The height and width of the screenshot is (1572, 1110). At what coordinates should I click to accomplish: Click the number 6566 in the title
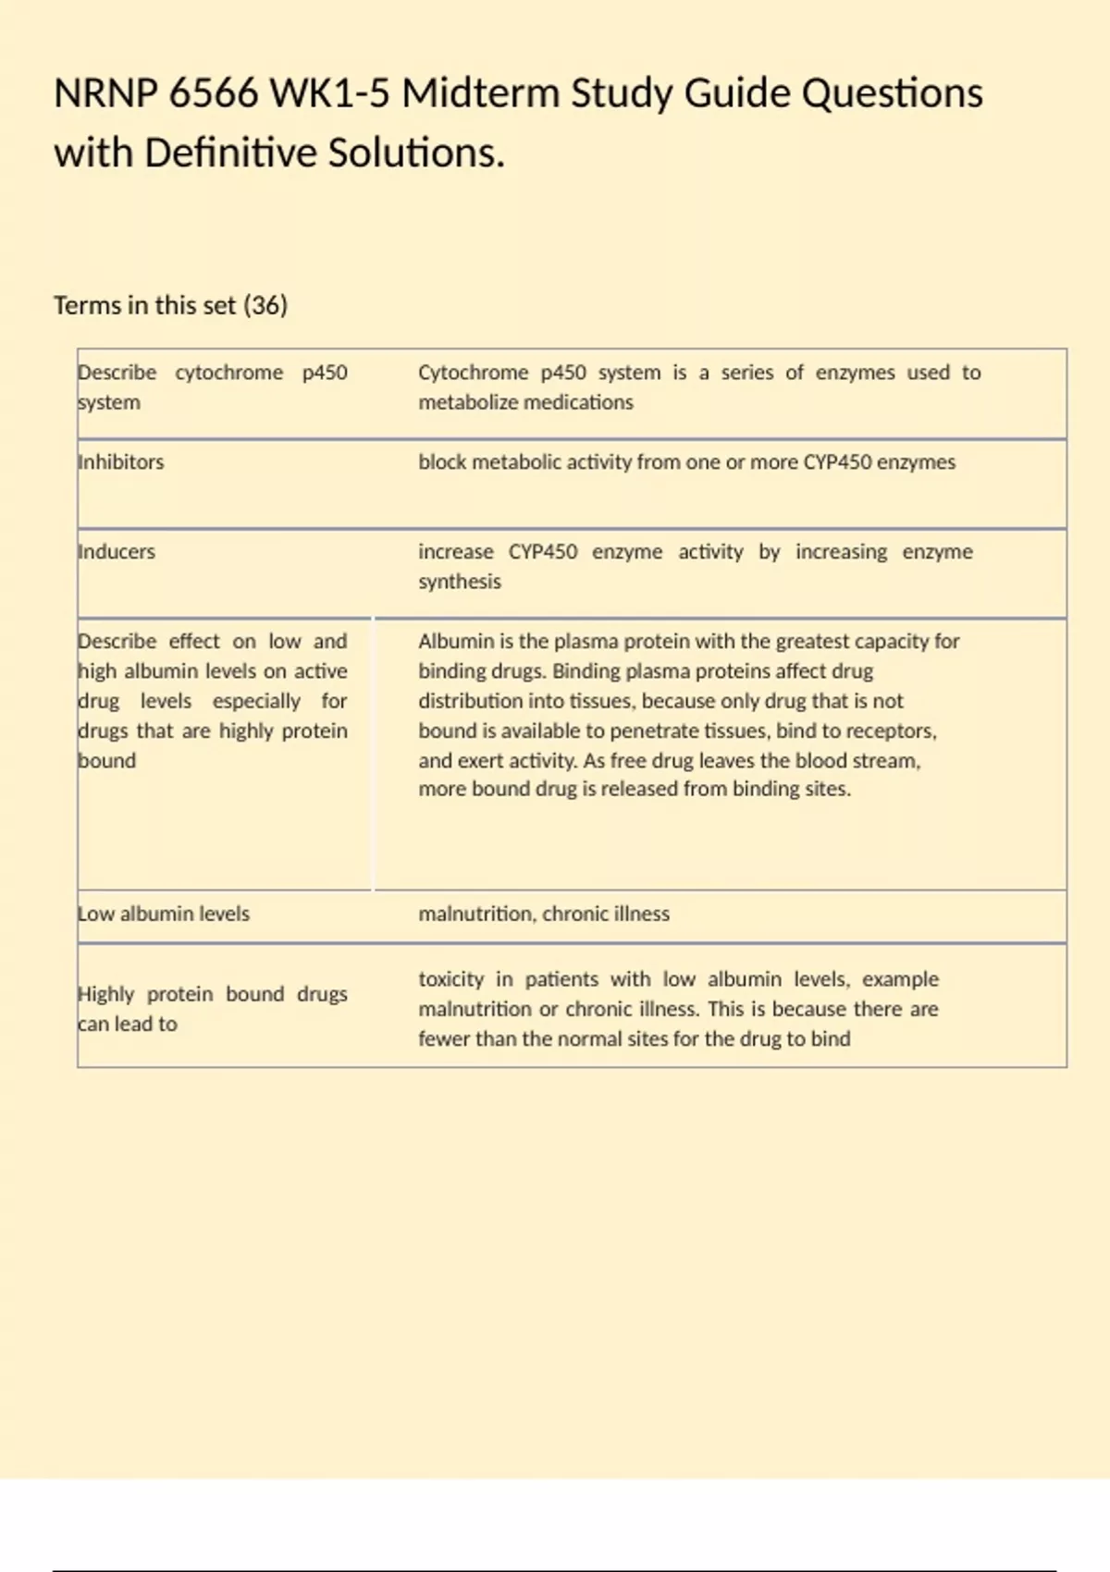(x=214, y=93)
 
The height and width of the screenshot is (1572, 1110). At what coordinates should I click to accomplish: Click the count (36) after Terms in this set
(x=265, y=305)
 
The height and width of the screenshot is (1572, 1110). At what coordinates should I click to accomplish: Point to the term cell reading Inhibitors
(x=121, y=461)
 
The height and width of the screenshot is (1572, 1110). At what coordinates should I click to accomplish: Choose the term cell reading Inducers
(x=117, y=551)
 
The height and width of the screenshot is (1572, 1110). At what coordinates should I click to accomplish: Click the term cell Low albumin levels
(x=164, y=914)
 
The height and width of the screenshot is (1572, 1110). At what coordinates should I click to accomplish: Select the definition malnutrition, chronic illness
(x=544, y=914)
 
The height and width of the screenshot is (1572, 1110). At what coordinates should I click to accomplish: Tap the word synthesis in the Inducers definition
(x=460, y=582)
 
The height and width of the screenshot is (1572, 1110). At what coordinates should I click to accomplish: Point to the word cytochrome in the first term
(x=229, y=373)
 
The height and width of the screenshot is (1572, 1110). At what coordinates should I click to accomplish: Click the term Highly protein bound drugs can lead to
(x=213, y=1009)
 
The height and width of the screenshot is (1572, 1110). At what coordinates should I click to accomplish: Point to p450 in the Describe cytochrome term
(x=325, y=373)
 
